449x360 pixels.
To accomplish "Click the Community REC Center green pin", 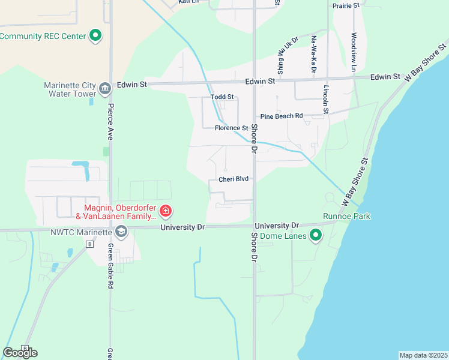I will click(95, 36).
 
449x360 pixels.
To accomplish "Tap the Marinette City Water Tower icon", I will click(105, 89).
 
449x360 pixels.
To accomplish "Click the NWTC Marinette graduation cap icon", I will click(121, 233).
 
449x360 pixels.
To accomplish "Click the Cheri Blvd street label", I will click(234, 179).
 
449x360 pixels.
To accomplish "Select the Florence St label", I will click(232, 128).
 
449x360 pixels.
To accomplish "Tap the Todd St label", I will click(221, 97).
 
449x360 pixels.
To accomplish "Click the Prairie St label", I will click(346, 5).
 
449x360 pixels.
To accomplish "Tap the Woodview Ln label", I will click(354, 53).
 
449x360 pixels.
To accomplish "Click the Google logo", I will click(20, 353).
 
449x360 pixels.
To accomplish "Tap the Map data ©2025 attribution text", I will click(423, 355).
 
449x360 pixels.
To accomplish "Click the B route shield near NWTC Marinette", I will click(90, 244).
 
